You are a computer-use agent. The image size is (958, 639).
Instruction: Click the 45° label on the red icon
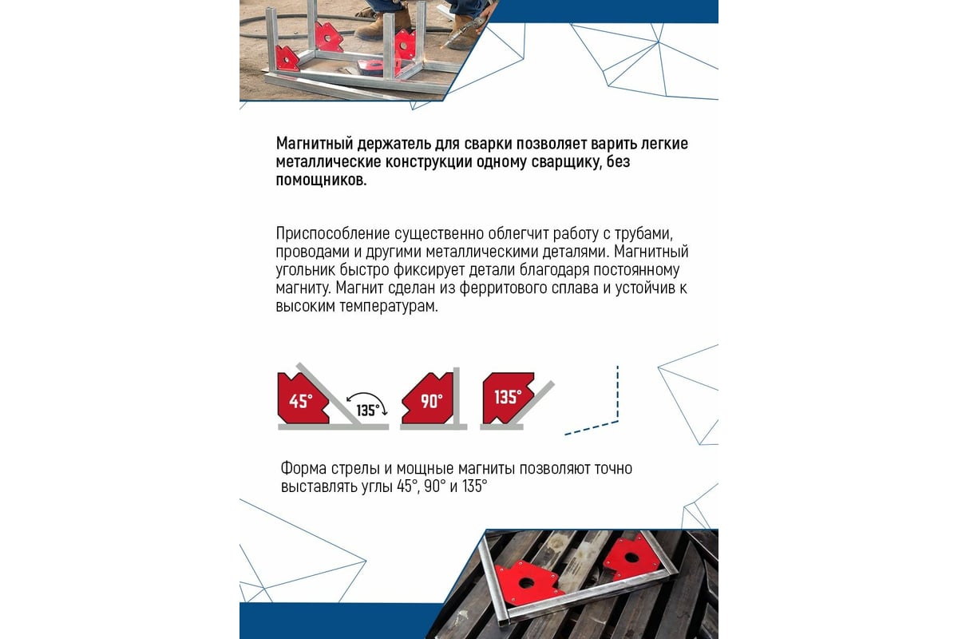coord(301,401)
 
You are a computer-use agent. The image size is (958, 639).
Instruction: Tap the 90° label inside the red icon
coord(431,401)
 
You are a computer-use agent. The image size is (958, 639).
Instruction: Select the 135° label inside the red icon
coord(508,397)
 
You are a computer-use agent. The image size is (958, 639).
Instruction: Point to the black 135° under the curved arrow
coord(368,411)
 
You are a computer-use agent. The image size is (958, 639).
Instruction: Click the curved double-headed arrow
coord(367,395)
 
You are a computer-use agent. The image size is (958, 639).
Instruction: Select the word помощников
coord(321,181)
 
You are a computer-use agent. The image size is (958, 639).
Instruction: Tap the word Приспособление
coord(333,234)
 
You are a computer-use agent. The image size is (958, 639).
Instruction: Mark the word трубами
coord(644,234)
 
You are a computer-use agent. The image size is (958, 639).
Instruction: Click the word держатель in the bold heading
coord(394,144)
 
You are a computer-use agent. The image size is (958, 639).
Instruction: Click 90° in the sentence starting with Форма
coord(435,486)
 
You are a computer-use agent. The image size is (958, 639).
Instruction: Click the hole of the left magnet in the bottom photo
coord(525,583)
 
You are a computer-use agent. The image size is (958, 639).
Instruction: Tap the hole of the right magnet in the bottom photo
coord(631,558)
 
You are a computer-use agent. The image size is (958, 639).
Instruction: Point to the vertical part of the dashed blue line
coord(618,393)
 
